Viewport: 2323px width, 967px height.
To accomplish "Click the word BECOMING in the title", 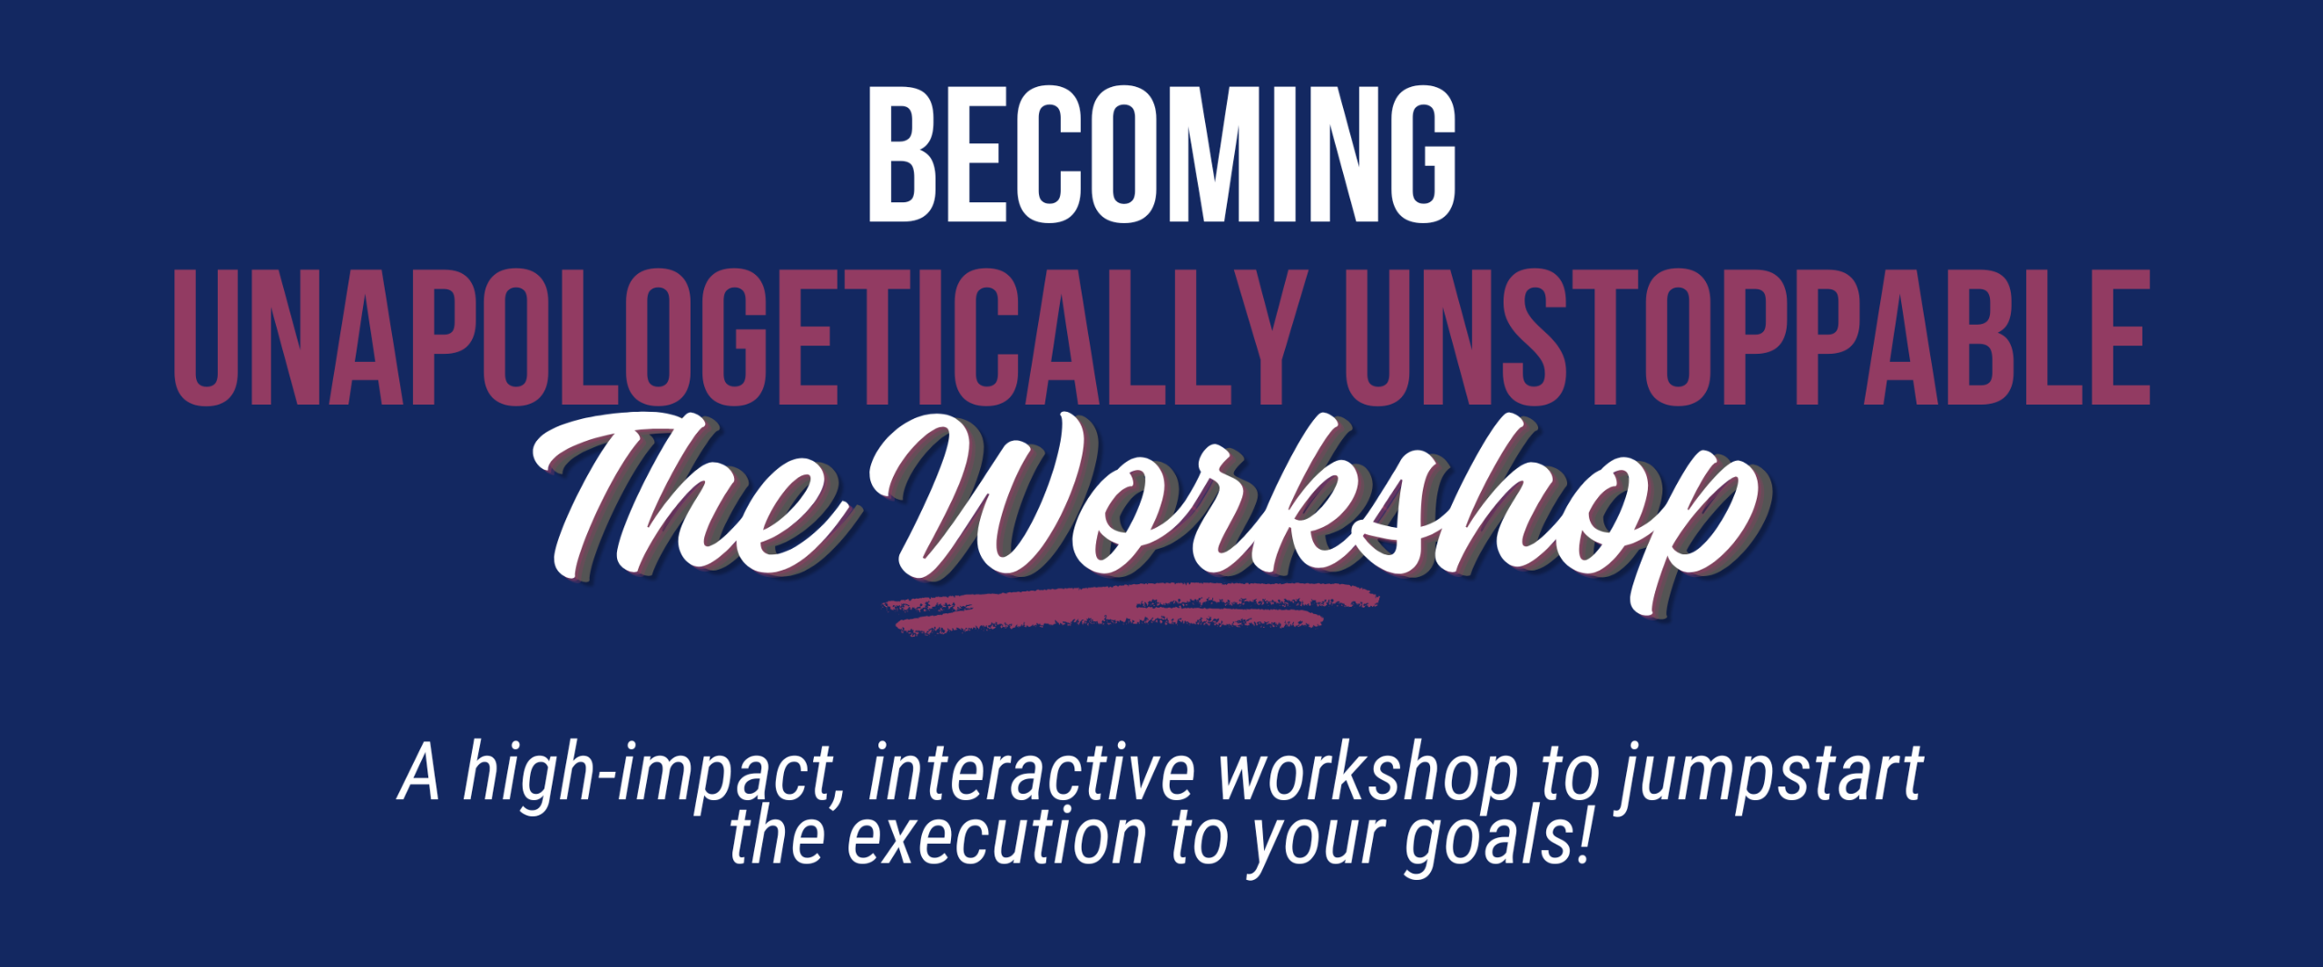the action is [1161, 154].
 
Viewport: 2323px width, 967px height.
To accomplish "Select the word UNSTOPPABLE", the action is [1748, 337].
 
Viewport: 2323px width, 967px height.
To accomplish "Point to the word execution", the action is [997, 836].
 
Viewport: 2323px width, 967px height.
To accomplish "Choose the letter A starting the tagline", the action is [419, 773].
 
